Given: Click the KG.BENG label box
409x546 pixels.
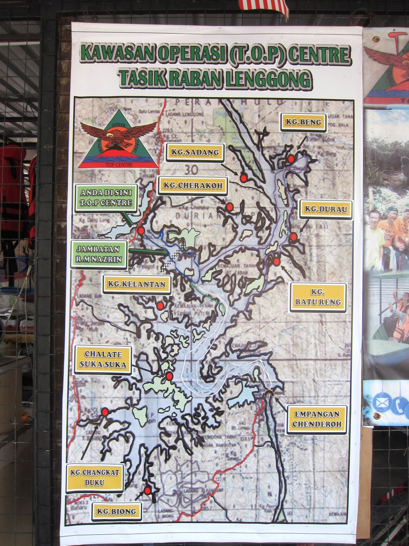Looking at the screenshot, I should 303,122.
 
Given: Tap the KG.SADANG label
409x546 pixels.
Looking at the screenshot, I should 195,152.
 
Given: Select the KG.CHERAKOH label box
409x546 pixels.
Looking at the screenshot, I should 192,186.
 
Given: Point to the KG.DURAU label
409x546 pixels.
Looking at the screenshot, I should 326,210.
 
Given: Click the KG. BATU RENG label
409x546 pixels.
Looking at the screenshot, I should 318,297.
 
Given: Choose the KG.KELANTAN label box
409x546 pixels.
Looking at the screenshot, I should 137,284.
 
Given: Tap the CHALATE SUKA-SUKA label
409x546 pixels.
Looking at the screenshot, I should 103,359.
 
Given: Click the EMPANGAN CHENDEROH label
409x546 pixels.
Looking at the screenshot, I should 317,420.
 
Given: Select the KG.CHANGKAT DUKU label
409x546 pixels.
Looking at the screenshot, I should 95,478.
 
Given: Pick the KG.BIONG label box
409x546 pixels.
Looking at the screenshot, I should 117,511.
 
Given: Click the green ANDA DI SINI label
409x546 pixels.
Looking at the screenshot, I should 106,198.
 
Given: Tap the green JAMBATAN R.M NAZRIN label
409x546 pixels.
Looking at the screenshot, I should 99,254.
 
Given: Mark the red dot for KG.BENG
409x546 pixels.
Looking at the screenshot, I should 291,159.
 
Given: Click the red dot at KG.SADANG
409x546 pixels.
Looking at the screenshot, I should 244,178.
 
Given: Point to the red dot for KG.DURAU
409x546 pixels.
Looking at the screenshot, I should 294,237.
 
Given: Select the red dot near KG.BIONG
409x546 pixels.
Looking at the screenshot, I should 147,490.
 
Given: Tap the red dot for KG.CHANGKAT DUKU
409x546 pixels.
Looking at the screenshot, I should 105,411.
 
